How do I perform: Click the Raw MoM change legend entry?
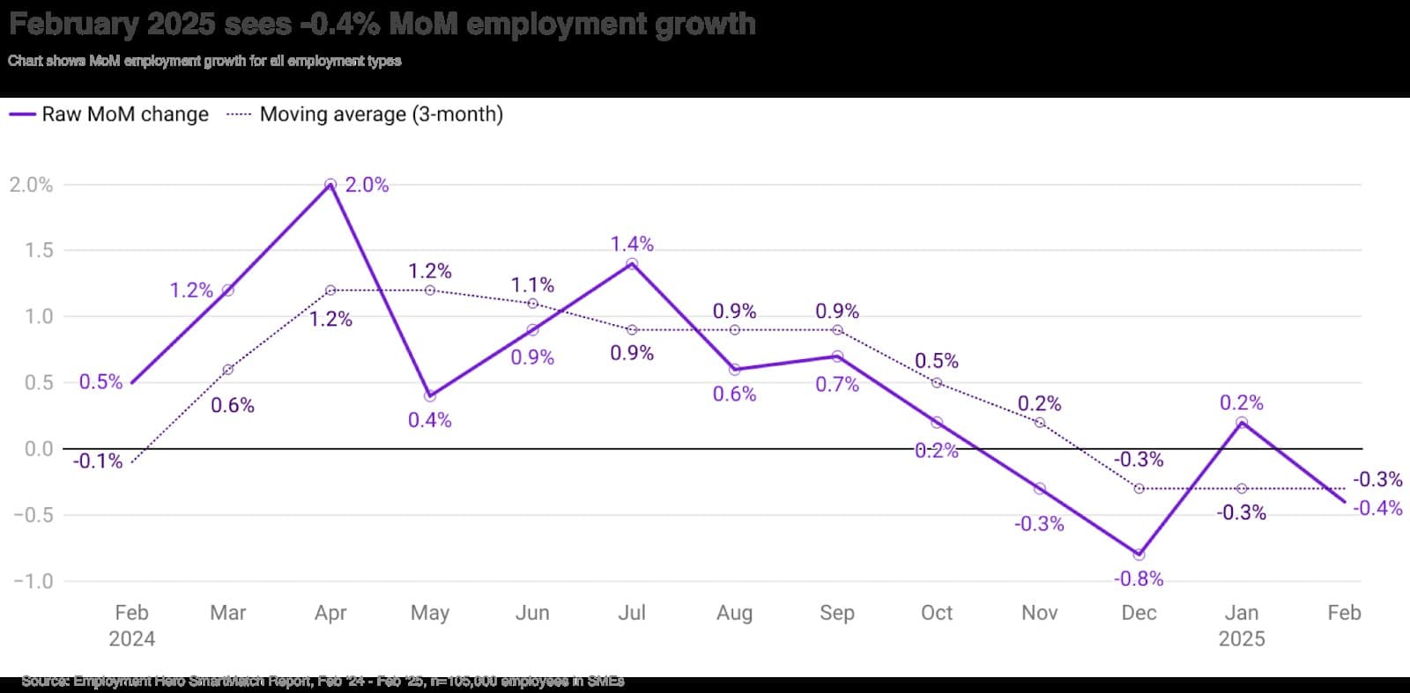point(109,114)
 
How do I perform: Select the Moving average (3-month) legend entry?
point(365,114)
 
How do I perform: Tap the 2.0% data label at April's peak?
point(367,185)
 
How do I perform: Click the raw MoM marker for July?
point(632,263)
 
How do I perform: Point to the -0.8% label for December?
point(1139,579)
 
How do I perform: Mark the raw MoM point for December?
point(1139,555)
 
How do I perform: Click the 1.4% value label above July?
point(632,244)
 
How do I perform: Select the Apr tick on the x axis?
point(330,613)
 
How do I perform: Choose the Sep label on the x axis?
point(837,613)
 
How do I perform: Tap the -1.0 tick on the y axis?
point(33,581)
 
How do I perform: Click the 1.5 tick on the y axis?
point(39,250)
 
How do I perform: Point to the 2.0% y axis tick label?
point(31,185)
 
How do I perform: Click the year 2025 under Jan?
point(1242,639)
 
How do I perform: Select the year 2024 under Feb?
point(131,639)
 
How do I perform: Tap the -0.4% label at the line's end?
point(1377,508)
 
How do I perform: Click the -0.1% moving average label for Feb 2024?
point(97,461)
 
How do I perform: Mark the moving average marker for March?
point(228,370)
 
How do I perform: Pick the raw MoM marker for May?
point(430,396)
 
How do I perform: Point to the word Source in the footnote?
point(44,681)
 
